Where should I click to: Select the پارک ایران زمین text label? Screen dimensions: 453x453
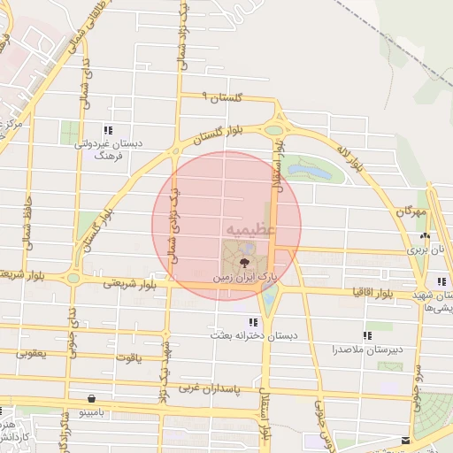(243, 277)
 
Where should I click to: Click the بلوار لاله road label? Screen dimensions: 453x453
(351, 157)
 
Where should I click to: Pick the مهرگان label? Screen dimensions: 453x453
(411, 213)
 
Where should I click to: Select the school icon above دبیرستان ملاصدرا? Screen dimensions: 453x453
(366, 335)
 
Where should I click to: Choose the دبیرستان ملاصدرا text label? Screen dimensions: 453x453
(365, 349)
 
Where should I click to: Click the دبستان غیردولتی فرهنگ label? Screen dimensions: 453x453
(107, 148)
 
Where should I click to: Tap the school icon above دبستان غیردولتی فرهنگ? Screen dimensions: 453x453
(108, 129)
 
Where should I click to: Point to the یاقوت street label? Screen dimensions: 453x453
(127, 358)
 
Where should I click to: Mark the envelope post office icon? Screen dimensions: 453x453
(406, 440)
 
